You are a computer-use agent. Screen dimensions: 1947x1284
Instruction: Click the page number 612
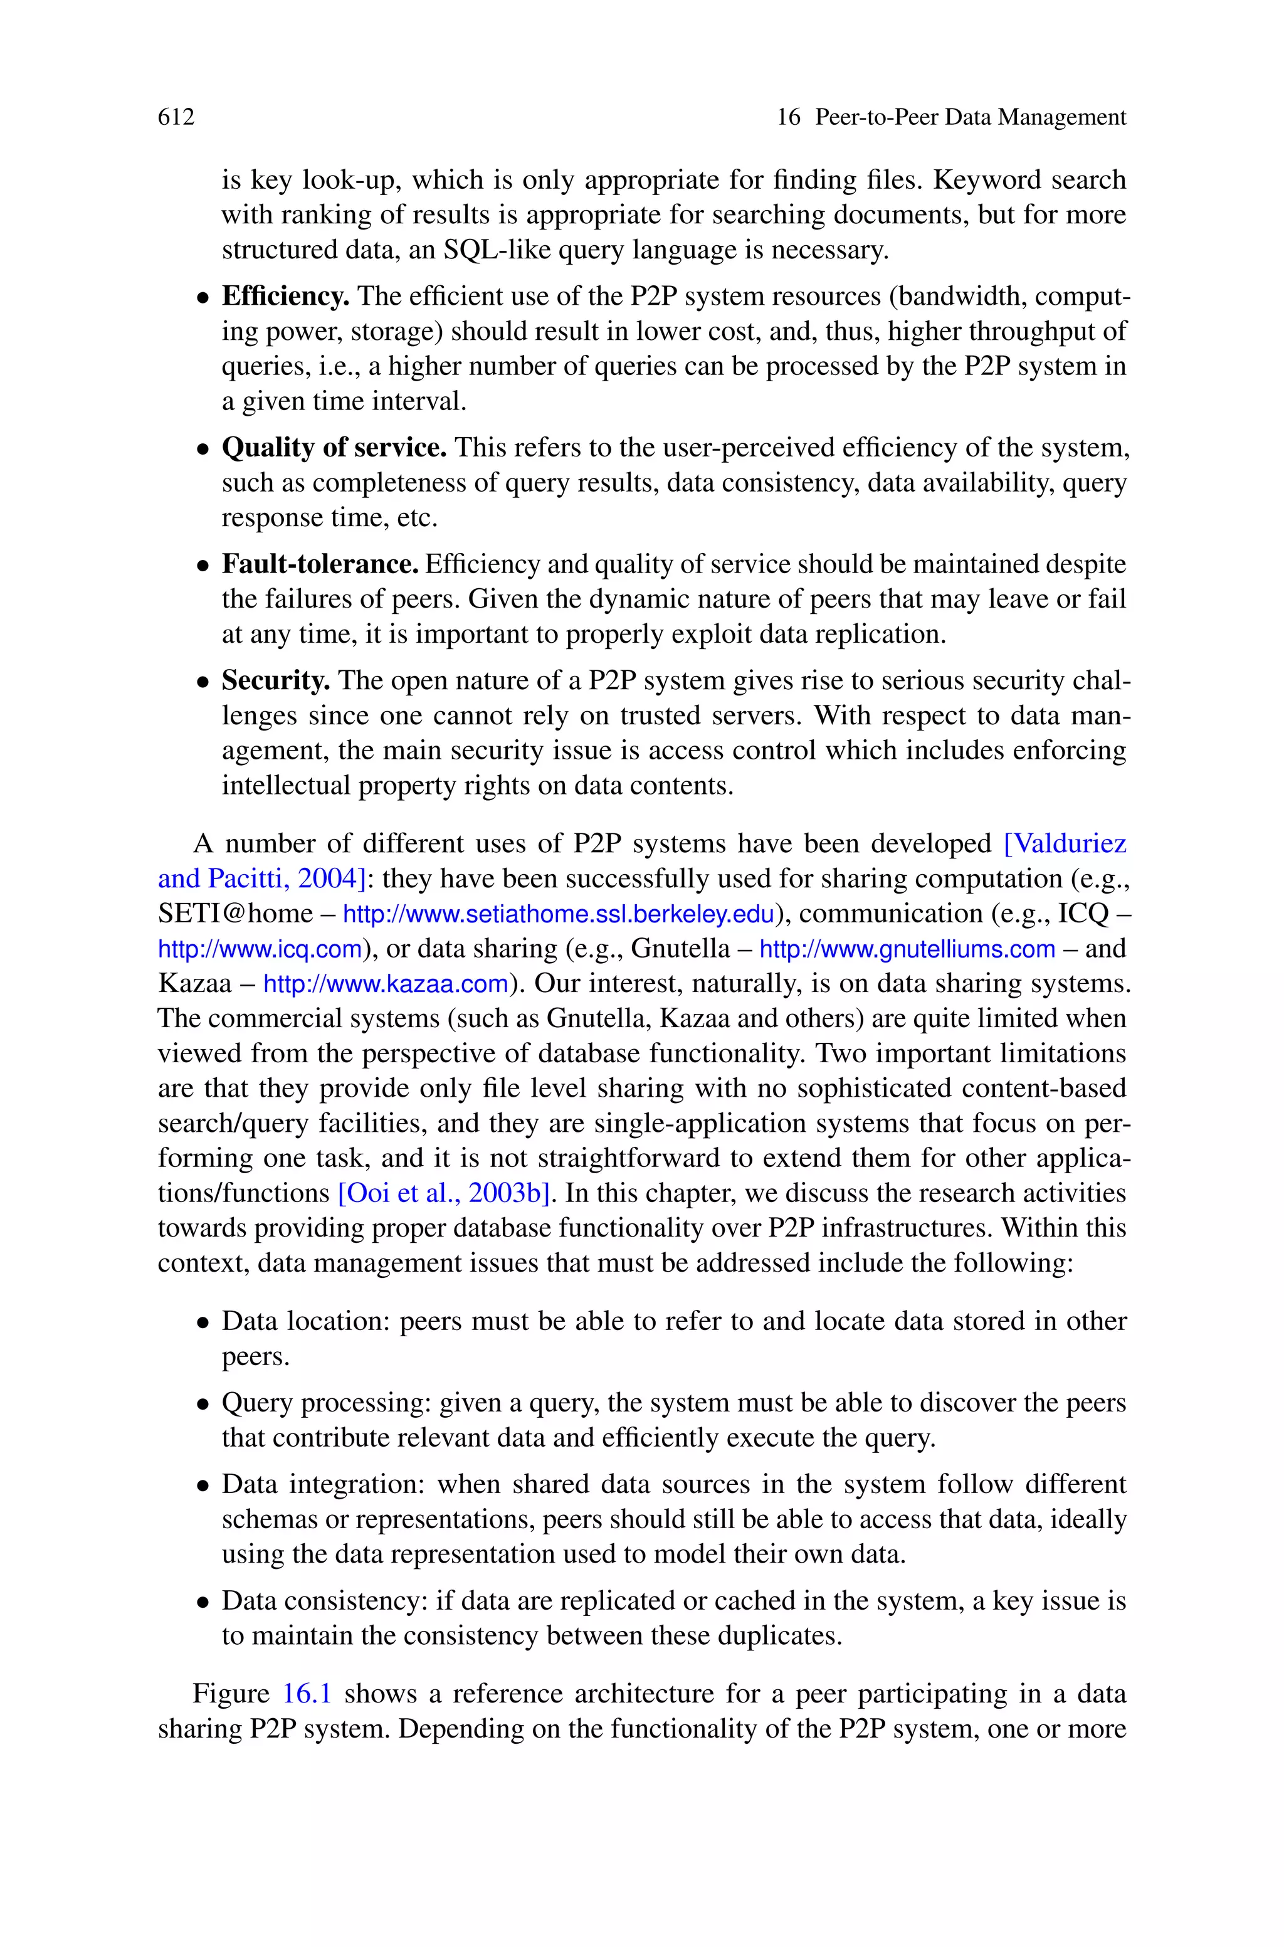176,117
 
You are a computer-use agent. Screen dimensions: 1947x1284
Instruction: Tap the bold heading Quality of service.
334,448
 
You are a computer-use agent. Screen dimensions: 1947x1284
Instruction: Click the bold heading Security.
276,680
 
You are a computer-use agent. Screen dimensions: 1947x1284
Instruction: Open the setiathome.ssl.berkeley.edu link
557,914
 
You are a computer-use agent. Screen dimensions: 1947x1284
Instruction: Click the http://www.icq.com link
260,949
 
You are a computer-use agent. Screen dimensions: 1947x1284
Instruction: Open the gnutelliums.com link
907,949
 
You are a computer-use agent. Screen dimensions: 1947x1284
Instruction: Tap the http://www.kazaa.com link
386,983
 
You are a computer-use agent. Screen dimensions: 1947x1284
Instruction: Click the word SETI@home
235,914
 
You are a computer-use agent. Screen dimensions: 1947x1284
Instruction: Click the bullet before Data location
203,1323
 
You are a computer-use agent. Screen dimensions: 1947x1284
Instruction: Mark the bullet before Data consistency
203,1602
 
